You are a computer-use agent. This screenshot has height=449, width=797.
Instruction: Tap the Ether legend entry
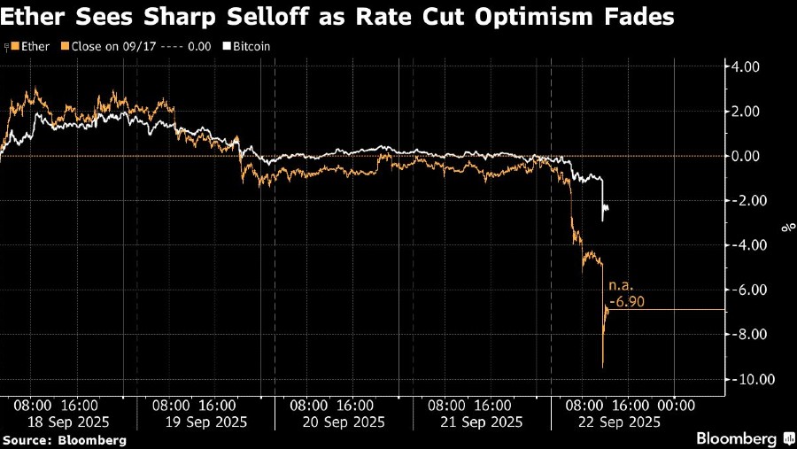pyautogui.click(x=33, y=44)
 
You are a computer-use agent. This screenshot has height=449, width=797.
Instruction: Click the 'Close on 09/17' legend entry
pyautogui.click(x=112, y=44)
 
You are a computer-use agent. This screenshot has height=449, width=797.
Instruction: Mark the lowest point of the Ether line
pyautogui.click(x=603, y=367)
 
